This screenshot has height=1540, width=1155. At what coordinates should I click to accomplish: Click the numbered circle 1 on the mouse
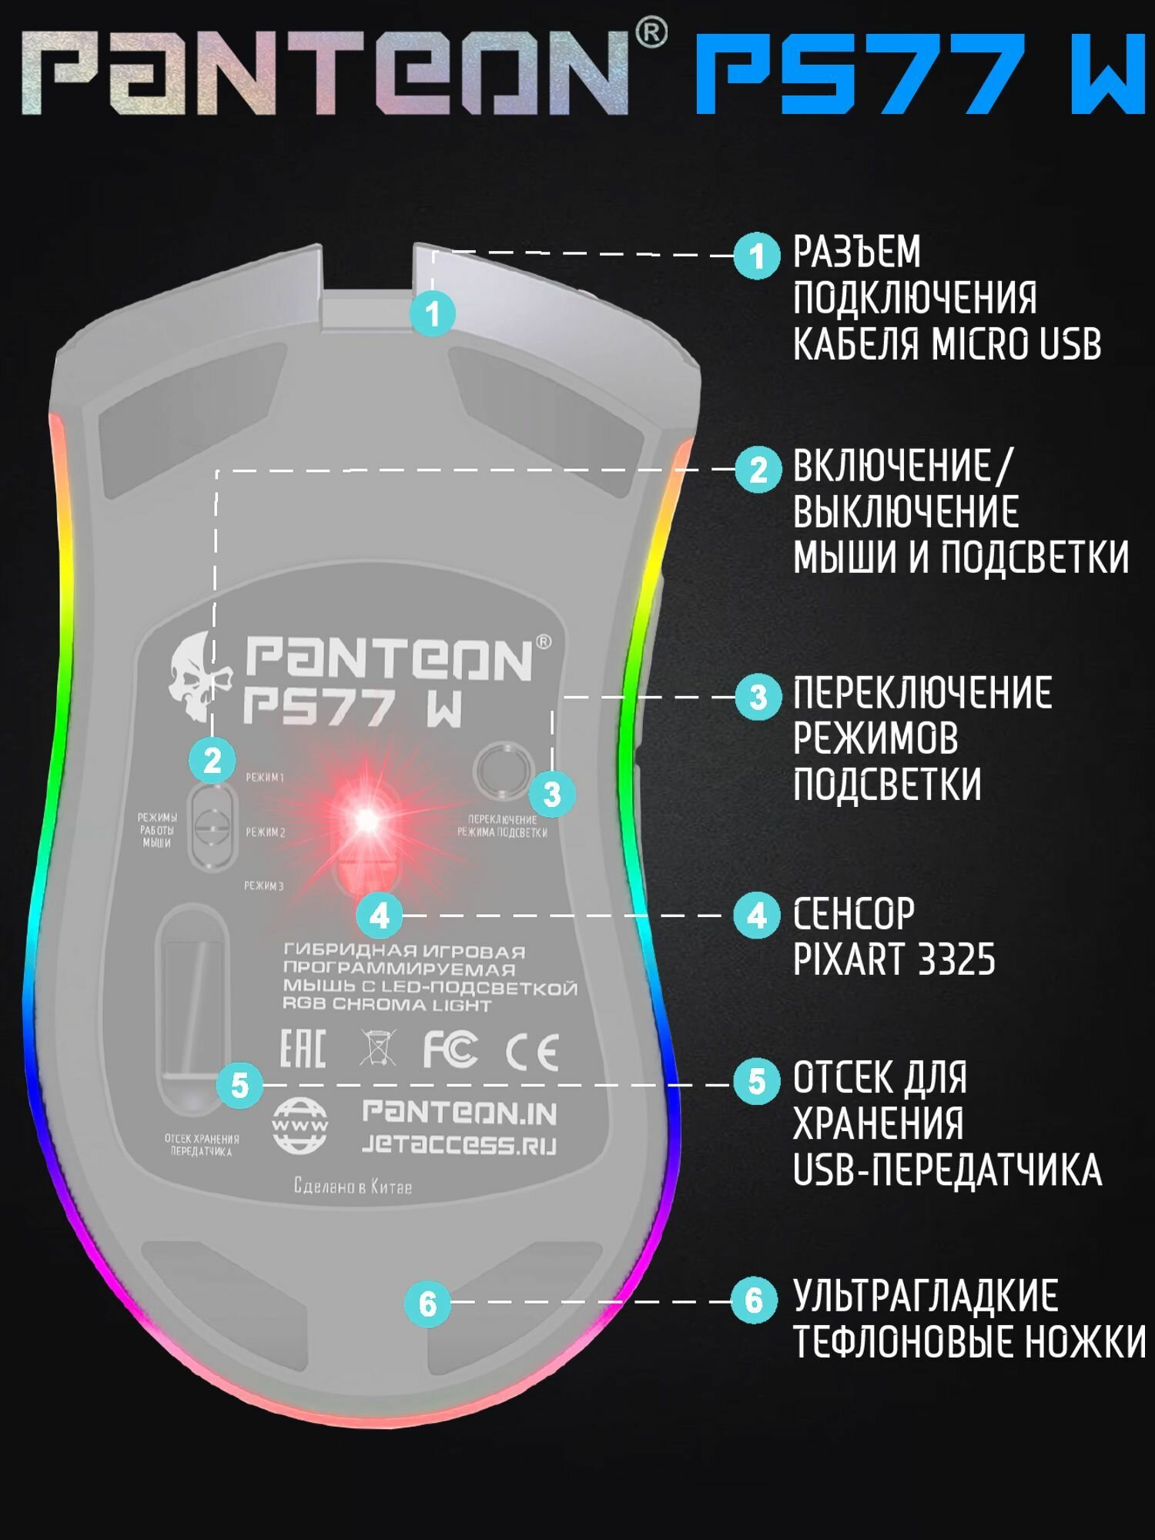[x=433, y=313]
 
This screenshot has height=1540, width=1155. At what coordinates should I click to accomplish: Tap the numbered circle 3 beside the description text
[x=758, y=697]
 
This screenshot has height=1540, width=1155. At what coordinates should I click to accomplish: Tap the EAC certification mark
[x=302, y=1048]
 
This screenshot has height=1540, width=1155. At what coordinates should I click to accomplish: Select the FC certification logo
[x=450, y=1049]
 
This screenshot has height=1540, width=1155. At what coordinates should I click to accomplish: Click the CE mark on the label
[x=532, y=1052]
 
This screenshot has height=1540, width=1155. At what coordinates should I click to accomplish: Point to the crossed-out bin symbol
[x=377, y=1048]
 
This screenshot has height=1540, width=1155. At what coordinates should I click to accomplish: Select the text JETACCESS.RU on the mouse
[x=459, y=1144]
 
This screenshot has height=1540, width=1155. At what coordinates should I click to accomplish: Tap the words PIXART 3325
[x=894, y=959]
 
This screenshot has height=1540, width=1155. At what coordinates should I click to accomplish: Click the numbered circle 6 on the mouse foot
[x=427, y=1304]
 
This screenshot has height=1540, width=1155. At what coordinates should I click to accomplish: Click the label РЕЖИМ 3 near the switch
[x=264, y=886]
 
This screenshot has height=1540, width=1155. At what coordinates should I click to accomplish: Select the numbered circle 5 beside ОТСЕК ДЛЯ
[x=757, y=1082]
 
